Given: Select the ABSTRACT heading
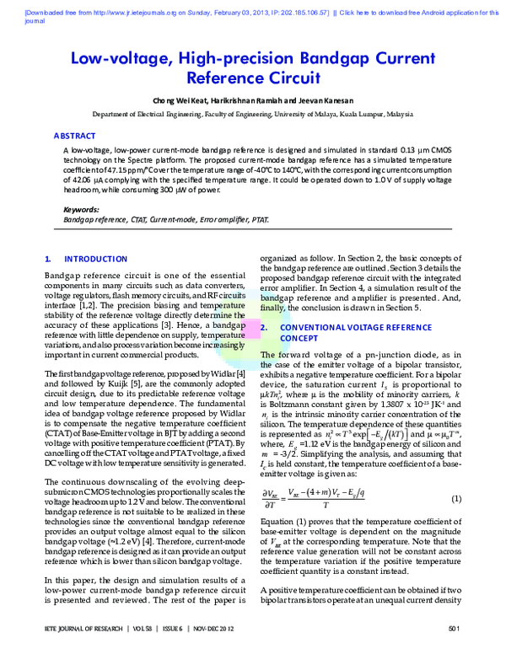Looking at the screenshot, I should [x=75, y=135].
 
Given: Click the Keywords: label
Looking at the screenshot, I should [x=81, y=209].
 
